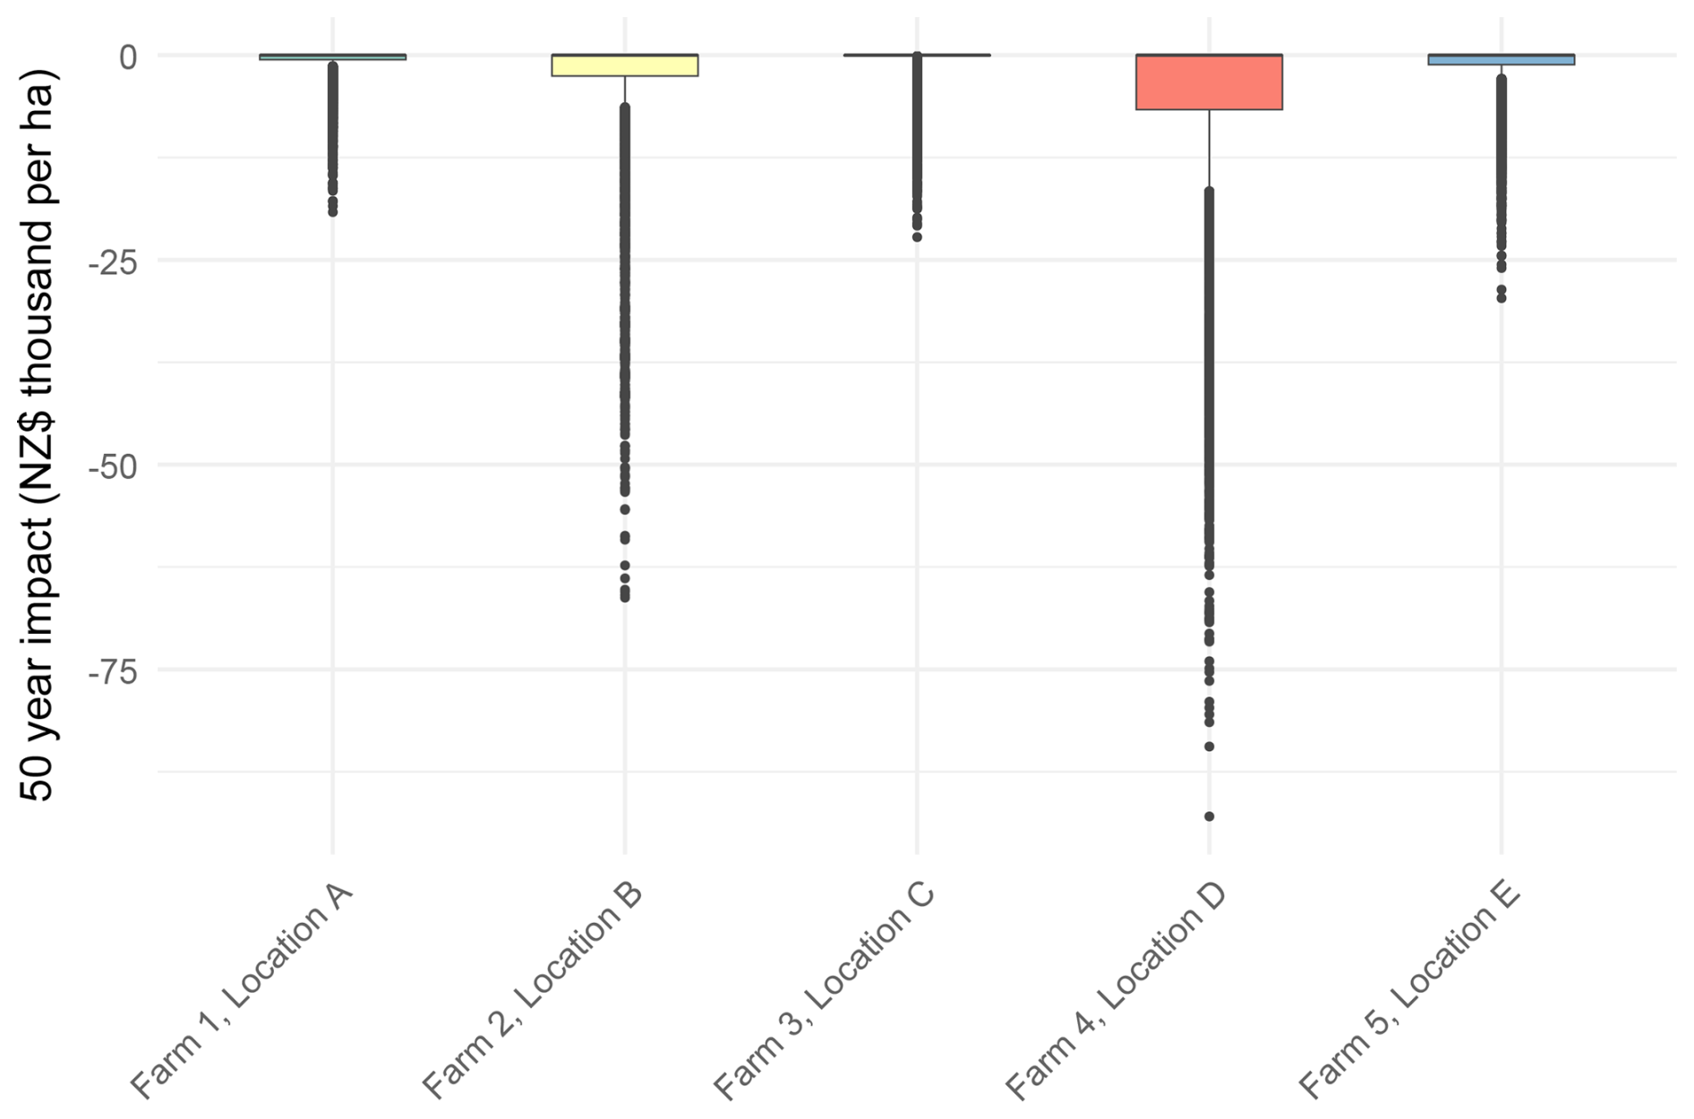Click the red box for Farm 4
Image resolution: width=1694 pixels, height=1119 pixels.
(1209, 82)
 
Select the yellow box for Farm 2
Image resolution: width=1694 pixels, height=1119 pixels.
(624, 65)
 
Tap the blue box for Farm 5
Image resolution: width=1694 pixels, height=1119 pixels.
(1501, 60)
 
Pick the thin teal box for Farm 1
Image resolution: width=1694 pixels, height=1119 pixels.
(332, 57)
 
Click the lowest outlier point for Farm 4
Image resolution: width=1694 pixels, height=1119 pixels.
(1209, 816)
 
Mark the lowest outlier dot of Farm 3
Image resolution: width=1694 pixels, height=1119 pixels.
(917, 237)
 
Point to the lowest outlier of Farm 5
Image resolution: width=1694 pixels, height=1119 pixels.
(1501, 298)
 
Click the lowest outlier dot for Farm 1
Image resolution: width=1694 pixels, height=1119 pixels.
(332, 212)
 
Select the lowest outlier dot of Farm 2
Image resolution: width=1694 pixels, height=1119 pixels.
(624, 597)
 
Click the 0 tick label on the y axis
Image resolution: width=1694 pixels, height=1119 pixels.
(128, 57)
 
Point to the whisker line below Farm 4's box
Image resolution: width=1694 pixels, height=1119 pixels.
(1209, 148)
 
